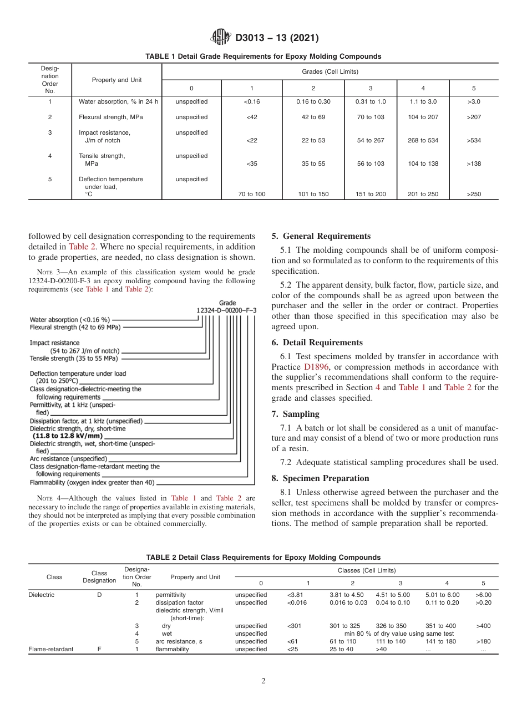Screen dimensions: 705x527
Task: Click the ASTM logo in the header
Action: point(220,38)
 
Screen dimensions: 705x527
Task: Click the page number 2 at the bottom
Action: point(263,681)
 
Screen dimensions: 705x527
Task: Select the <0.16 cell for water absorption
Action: point(252,101)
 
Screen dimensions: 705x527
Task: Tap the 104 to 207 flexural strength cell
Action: point(423,117)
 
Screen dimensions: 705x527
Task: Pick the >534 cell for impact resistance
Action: point(474,140)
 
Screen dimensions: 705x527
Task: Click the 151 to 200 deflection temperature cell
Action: point(371,194)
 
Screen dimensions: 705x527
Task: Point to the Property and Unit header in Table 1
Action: point(117,80)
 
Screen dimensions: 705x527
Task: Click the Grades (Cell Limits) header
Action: point(330,71)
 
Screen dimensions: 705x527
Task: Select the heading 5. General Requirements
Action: point(321,236)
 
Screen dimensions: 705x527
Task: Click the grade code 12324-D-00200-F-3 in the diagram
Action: point(226,310)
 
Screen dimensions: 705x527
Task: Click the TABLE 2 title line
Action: point(263,557)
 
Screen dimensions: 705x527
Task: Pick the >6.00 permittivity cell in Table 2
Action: point(483,595)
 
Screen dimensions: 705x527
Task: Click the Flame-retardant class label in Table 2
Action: point(51,649)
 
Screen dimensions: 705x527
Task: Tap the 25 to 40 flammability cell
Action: point(341,649)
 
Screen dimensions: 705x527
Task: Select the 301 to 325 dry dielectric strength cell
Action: point(344,626)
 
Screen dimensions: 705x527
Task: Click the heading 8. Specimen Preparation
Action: point(320,478)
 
